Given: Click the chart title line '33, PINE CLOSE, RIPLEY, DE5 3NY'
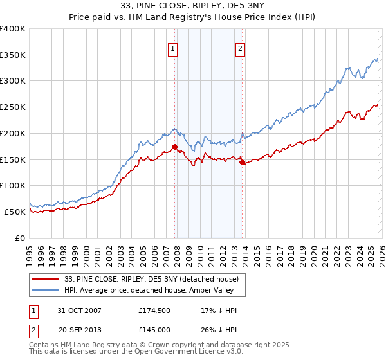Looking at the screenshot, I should (x=192, y=6).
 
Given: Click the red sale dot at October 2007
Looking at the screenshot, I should (x=175, y=147).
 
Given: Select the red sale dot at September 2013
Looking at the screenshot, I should (x=242, y=162).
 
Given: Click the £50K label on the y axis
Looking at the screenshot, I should (x=15, y=212).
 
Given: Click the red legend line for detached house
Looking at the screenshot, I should (x=46, y=279).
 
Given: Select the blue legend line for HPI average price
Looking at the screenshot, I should (x=46, y=290).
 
